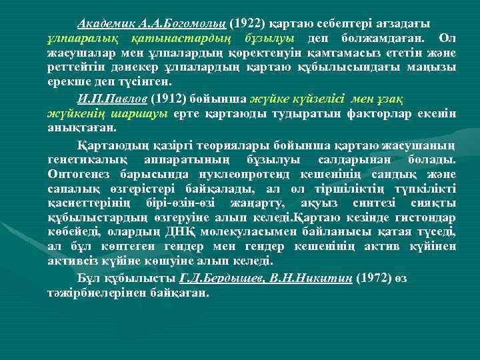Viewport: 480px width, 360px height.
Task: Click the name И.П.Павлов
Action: pos(111,99)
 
